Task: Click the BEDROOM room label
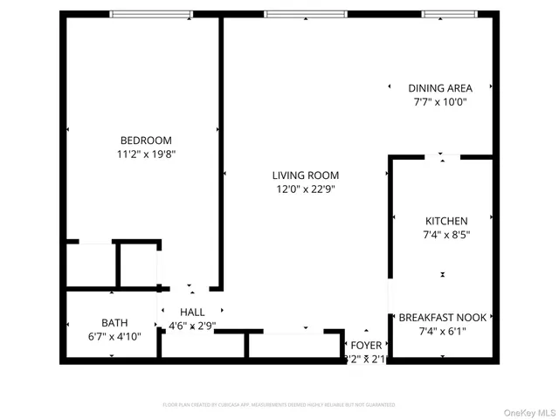click(x=146, y=141)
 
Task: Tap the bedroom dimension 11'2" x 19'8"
click(x=146, y=154)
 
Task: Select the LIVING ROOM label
click(x=305, y=175)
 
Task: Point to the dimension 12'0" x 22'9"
click(x=305, y=189)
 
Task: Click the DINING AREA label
click(x=440, y=88)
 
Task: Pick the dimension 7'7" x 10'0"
click(x=440, y=101)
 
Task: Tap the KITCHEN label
click(x=446, y=221)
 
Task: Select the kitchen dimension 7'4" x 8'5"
click(x=446, y=234)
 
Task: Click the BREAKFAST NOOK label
click(x=442, y=317)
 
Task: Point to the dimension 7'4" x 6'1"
click(x=442, y=331)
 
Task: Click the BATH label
click(x=114, y=321)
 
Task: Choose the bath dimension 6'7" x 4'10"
click(x=114, y=334)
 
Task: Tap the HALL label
click(x=192, y=313)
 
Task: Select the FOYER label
click(x=366, y=346)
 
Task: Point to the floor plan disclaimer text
click(x=279, y=405)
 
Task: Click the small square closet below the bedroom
click(x=139, y=264)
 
